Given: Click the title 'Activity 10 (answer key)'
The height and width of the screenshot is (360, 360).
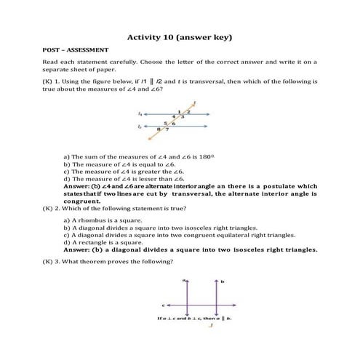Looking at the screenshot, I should pyautogui.click(x=180, y=36).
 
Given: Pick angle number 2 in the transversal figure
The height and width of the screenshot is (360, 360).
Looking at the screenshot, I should pyautogui.click(x=188, y=111).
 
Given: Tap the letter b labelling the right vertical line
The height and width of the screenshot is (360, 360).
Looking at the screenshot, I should pyautogui.click(x=223, y=280).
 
